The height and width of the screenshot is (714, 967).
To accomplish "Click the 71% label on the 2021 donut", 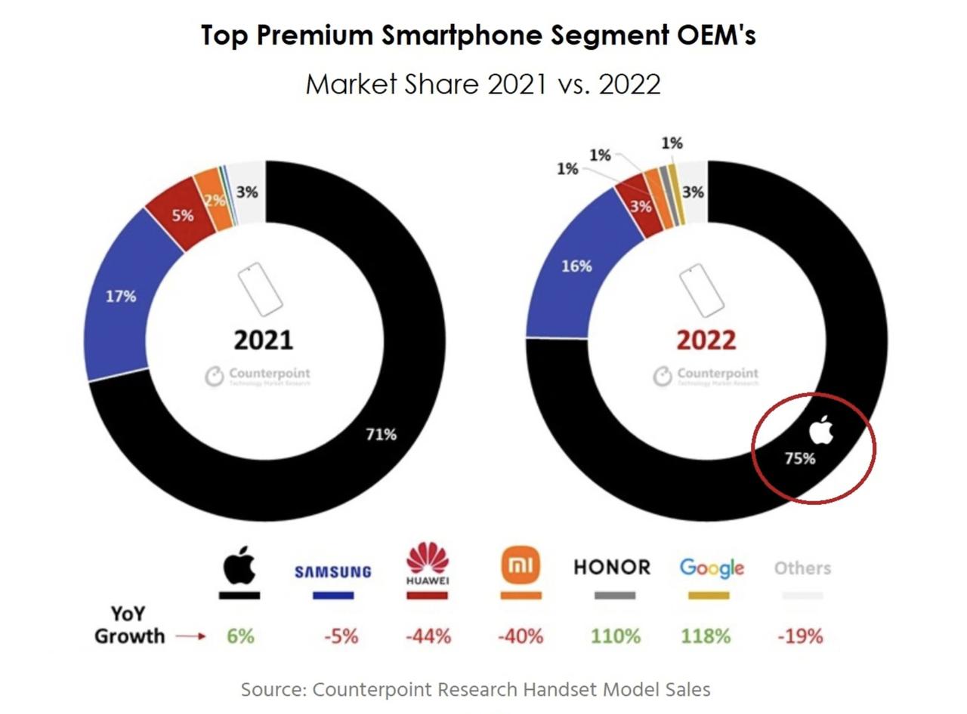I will point(381,434).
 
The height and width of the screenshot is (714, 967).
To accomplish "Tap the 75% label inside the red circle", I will point(799,457).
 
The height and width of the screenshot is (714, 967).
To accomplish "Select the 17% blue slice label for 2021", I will point(121,297).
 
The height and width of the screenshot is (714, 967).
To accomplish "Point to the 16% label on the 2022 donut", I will point(576,266).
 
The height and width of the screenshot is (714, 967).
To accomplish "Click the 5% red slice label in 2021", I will point(182,215).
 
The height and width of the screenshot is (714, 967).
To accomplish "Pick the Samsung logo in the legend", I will point(332,571).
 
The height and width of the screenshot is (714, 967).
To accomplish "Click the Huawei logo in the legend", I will point(428,563).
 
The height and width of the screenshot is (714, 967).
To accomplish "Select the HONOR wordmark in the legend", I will point(612,568).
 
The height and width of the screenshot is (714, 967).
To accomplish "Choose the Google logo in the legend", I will point(712,568).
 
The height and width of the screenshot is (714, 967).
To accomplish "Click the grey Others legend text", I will point(802,568).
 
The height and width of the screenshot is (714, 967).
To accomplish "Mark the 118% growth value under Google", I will point(706,636).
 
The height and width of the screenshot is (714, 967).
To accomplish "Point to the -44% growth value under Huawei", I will point(428,636).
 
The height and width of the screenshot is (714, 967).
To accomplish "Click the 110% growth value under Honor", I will point(615,636).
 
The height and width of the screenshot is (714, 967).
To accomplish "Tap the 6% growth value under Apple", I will point(240,636).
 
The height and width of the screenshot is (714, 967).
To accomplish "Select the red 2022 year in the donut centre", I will point(706,340).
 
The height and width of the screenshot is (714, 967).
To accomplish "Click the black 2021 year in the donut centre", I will point(263,340).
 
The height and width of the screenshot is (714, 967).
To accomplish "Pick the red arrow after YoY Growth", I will point(190,636).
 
